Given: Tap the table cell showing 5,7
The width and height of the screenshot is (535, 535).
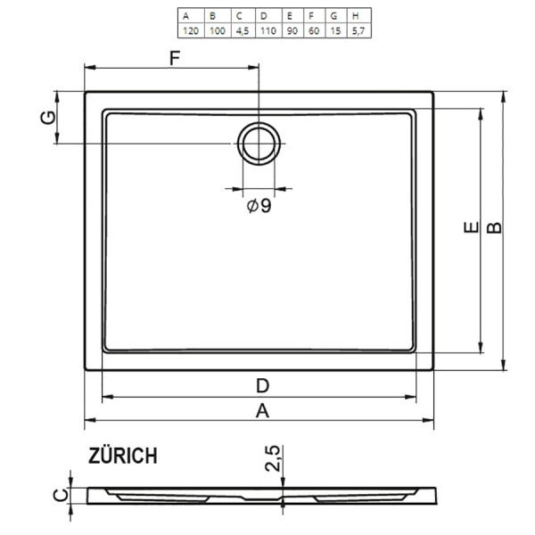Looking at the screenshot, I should coord(356,29).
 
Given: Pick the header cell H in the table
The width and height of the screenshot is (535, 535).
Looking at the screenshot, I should coord(356,16).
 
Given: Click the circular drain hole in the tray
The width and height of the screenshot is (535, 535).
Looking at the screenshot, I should coord(259,141).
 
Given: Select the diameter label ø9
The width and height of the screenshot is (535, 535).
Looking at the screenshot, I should coord(259,206).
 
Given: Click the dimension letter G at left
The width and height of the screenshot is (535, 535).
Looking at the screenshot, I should coord(51,117).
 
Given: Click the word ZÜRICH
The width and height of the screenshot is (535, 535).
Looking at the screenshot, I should coord(123,456).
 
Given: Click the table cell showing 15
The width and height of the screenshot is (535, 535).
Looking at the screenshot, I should coord(333,29).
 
